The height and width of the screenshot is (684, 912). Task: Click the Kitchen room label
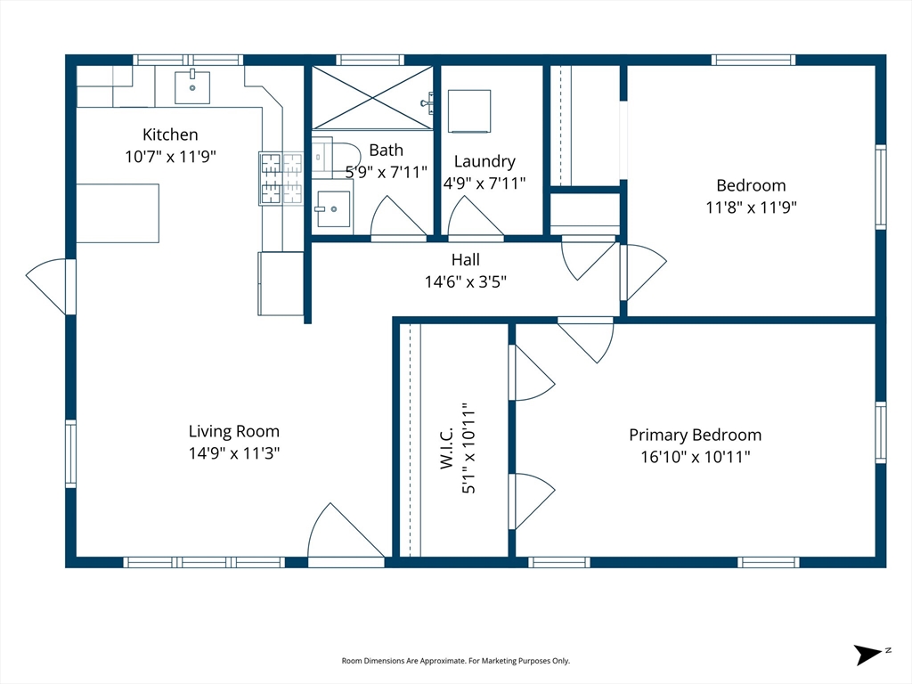(x=170, y=134)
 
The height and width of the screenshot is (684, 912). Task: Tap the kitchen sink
(x=192, y=88)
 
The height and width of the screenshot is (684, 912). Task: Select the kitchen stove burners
(x=281, y=178)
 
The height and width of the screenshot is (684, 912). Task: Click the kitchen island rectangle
(x=118, y=213)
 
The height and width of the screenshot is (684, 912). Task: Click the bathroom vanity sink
(x=333, y=208)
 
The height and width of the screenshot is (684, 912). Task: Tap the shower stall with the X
(x=372, y=97)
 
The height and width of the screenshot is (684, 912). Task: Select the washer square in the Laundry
(x=469, y=111)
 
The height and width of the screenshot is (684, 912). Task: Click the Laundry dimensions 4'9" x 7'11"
(x=484, y=183)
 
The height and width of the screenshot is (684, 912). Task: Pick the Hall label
(x=465, y=259)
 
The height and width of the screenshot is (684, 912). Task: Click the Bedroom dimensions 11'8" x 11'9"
(x=751, y=207)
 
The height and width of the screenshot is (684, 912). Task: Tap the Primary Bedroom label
(x=695, y=435)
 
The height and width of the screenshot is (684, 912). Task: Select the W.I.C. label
(x=447, y=448)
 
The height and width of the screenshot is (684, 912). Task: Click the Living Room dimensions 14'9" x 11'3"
(x=234, y=453)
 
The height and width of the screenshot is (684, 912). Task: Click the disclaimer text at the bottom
(x=455, y=661)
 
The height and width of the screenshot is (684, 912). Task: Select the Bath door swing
(x=398, y=218)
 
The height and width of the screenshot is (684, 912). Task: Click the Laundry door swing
(x=476, y=218)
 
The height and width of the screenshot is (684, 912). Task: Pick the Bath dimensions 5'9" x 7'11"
(x=387, y=172)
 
